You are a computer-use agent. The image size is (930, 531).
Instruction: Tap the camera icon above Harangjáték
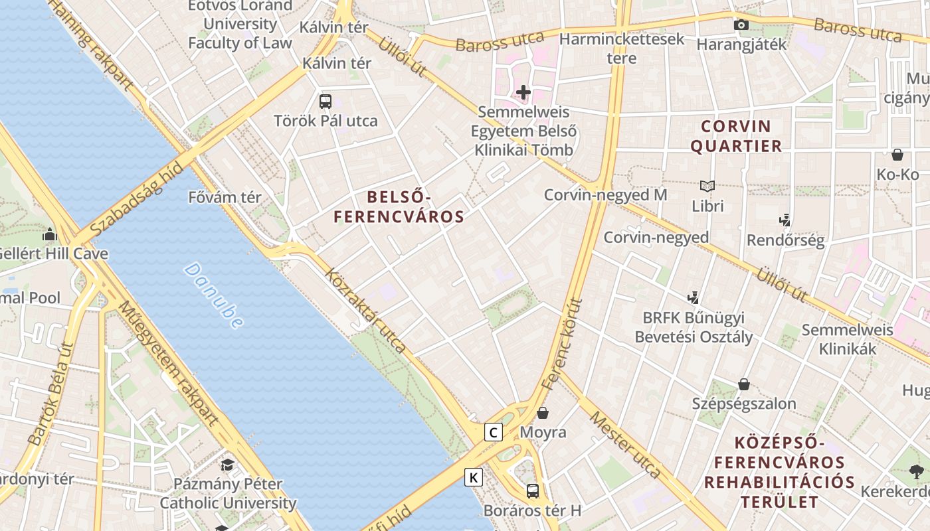pos(741,25)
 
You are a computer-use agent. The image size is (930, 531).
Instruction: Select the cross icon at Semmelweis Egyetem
pos(523,92)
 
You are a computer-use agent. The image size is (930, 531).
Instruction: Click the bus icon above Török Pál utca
pos(325,102)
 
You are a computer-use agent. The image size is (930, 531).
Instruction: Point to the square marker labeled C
pos(493,433)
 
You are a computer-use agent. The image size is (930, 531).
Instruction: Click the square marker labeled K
pos(474,477)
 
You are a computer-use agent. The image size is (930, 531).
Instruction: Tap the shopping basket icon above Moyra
pos(543,413)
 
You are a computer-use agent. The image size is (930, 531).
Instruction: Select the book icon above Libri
pos(707,187)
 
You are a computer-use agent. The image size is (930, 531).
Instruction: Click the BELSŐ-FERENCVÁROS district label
pos(399,206)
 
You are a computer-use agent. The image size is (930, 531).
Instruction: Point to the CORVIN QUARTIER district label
pos(736,136)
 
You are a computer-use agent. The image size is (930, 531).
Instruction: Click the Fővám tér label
pos(225,197)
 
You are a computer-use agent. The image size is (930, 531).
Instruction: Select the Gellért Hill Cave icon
pos(50,234)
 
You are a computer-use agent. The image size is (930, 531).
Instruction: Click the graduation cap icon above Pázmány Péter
pos(228,465)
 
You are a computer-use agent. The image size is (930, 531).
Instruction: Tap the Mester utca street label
pos(625,445)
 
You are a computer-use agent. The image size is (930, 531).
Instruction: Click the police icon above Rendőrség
pos(785,220)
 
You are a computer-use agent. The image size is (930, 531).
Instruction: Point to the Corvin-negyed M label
pos(605,195)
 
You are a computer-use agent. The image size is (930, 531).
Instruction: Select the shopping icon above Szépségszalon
pos(744,384)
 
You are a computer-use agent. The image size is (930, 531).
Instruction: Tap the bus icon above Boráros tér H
pos(533,491)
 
